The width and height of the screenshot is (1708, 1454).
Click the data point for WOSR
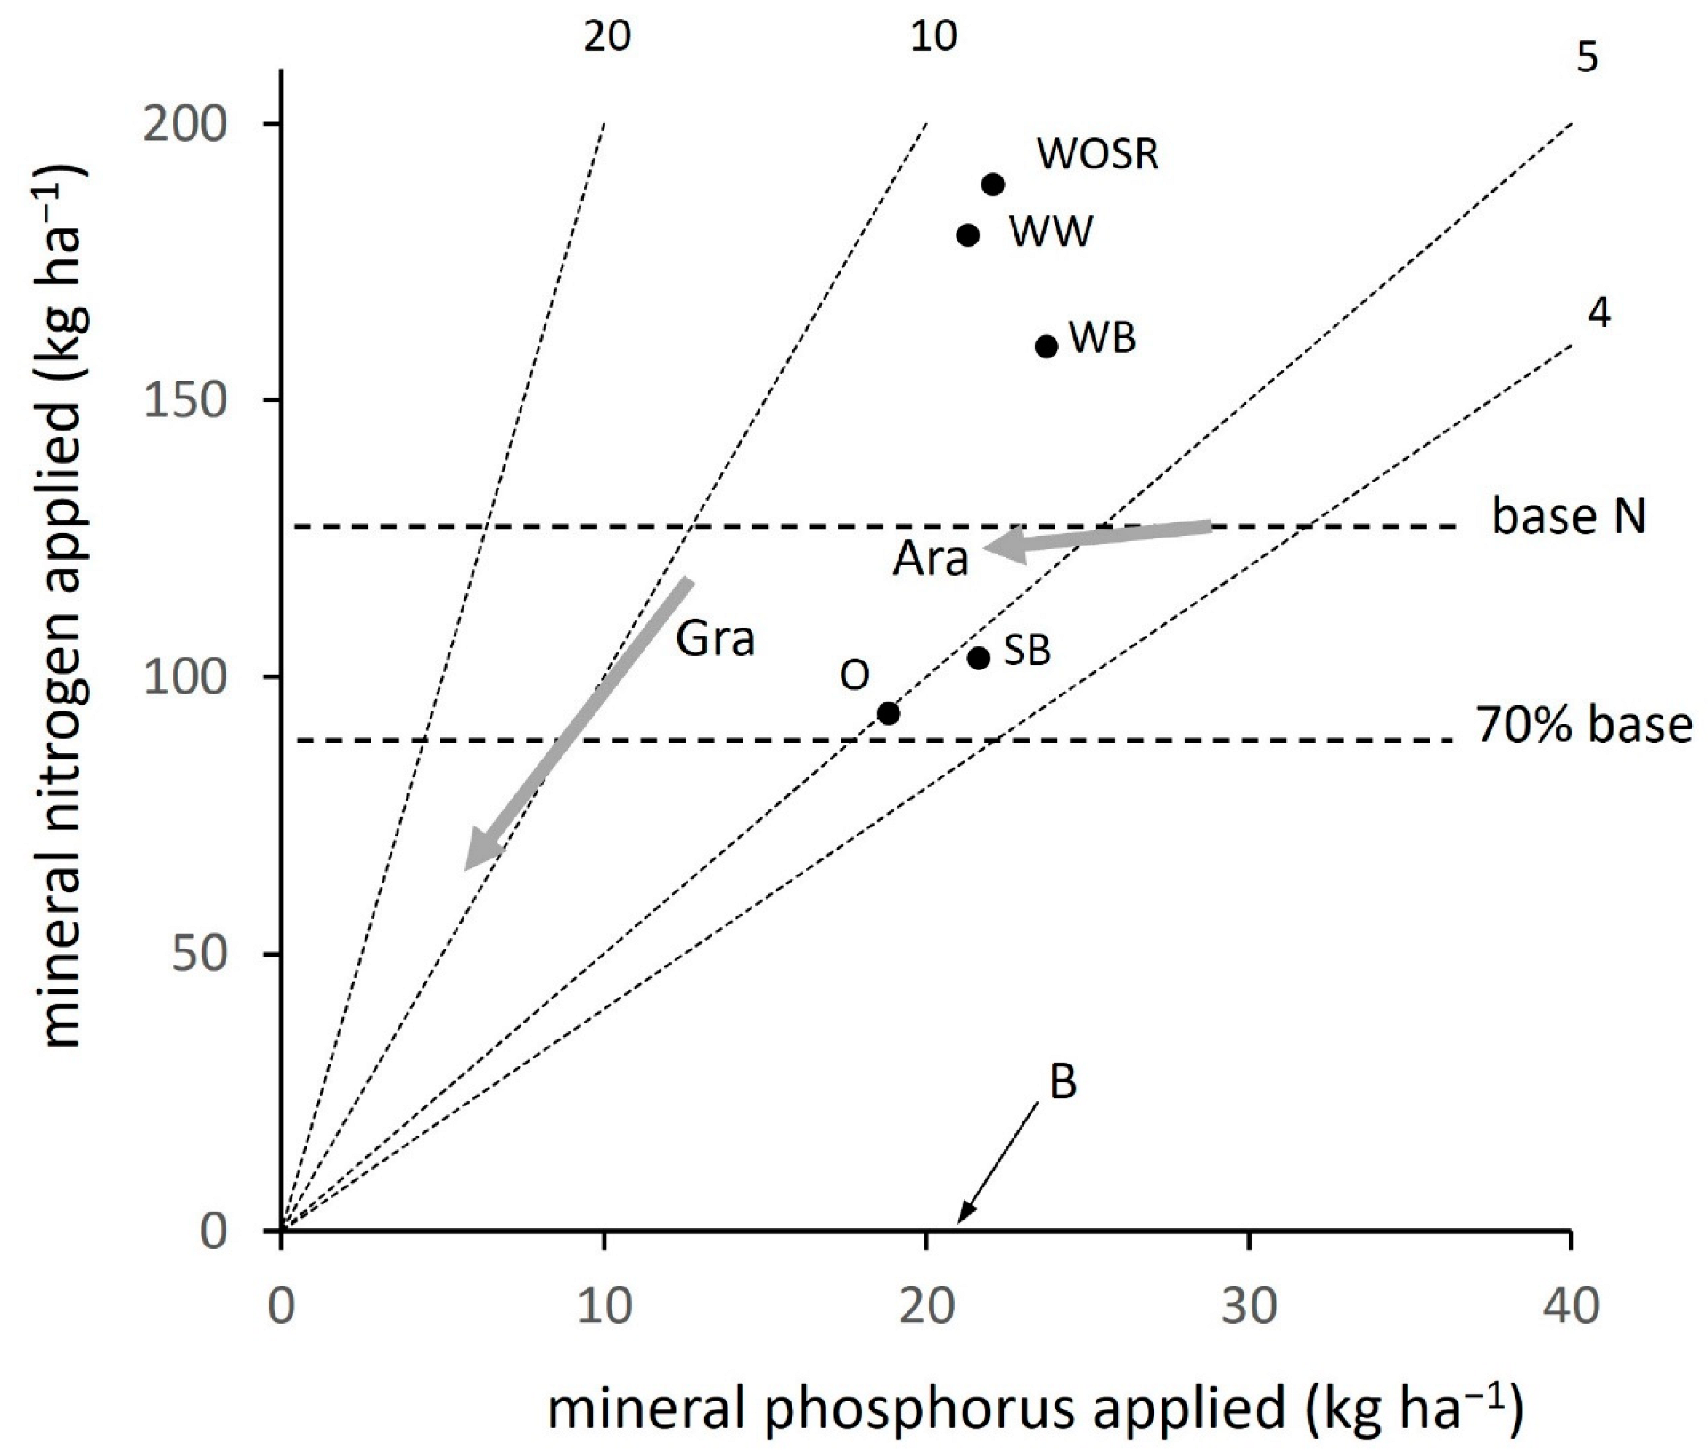[993, 185]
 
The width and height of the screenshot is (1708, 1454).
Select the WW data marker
[968, 235]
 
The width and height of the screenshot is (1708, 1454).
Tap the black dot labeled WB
[1047, 346]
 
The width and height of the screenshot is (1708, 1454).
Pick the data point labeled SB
[979, 658]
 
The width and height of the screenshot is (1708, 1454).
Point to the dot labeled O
[888, 713]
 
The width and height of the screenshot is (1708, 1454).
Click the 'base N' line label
[1569, 518]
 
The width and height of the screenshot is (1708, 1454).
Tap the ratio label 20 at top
[607, 37]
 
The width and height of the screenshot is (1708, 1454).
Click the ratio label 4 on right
[1599, 313]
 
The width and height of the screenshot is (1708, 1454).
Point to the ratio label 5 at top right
[1588, 59]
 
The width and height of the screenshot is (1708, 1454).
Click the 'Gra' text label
[715, 638]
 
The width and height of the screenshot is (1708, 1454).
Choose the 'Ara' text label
[931, 560]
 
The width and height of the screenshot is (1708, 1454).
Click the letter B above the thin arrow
[1063, 1082]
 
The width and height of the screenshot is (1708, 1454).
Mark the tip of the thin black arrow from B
[958, 1222]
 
